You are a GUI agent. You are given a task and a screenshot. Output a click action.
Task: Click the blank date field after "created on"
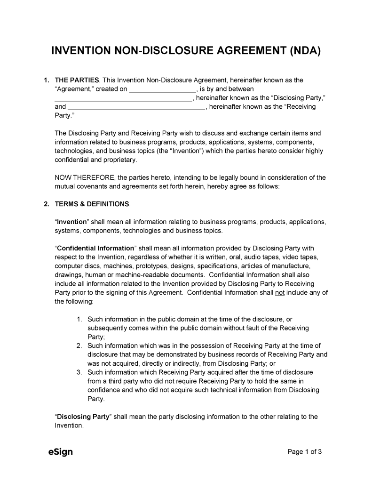[x=162, y=89]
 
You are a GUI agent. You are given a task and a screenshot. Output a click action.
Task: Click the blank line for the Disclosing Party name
[x=123, y=98]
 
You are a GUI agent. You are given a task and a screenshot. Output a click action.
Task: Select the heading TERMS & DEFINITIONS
[x=92, y=204]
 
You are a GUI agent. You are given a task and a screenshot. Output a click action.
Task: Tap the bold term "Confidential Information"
[x=95, y=248]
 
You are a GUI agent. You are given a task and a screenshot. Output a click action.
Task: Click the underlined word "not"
[x=280, y=292]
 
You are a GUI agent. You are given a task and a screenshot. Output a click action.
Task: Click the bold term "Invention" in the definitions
[x=72, y=222]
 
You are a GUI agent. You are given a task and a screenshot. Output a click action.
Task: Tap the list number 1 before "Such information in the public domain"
[x=79, y=319]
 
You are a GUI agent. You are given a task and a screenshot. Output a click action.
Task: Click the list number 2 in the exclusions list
[x=79, y=346]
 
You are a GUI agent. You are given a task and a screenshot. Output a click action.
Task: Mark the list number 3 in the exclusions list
[x=79, y=372]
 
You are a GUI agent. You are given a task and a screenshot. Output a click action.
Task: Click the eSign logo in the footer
[x=61, y=452]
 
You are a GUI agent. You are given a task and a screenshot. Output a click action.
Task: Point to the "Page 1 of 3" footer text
[x=304, y=452]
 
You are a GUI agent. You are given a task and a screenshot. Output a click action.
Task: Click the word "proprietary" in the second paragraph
[x=119, y=160]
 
